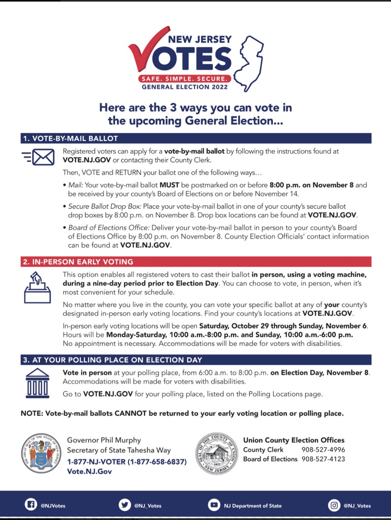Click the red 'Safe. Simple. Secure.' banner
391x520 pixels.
(x=184, y=79)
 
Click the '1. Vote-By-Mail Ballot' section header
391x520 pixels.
(x=70, y=139)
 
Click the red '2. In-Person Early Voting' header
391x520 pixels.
(x=78, y=262)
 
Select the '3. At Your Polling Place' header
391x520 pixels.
(x=112, y=360)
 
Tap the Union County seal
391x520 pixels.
(x=217, y=452)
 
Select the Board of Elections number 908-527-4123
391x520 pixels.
(x=323, y=459)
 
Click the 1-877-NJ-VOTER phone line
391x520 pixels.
(x=126, y=461)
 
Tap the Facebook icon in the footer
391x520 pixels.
(x=30, y=505)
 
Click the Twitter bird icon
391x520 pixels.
(x=124, y=505)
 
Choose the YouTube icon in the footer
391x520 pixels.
(x=214, y=505)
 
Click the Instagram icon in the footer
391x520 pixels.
(x=334, y=505)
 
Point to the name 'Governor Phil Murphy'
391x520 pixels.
(x=104, y=440)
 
